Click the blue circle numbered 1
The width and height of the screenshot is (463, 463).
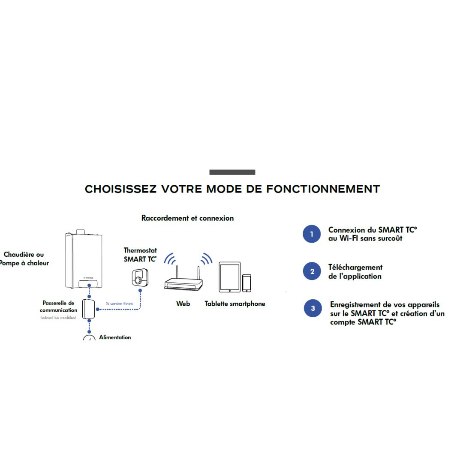(x=312, y=234)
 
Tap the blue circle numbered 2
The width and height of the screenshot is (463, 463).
(x=312, y=271)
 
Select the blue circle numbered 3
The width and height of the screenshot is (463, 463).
(x=313, y=308)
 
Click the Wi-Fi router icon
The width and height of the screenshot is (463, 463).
(x=183, y=283)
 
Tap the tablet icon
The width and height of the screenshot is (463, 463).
(x=229, y=277)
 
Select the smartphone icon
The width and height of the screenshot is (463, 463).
(x=246, y=283)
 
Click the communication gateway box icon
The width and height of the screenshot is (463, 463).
(x=89, y=309)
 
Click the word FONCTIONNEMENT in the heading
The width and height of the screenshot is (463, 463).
(x=323, y=189)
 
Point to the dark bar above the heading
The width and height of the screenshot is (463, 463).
(x=232, y=172)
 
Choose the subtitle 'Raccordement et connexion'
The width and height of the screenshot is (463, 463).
(x=187, y=218)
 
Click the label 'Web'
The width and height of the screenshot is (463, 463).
(x=183, y=304)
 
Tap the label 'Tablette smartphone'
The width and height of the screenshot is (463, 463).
(x=235, y=304)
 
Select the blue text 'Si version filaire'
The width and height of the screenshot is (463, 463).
(x=119, y=304)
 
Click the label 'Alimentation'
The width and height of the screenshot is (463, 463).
(x=115, y=337)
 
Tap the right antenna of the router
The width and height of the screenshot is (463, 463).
(x=199, y=273)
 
